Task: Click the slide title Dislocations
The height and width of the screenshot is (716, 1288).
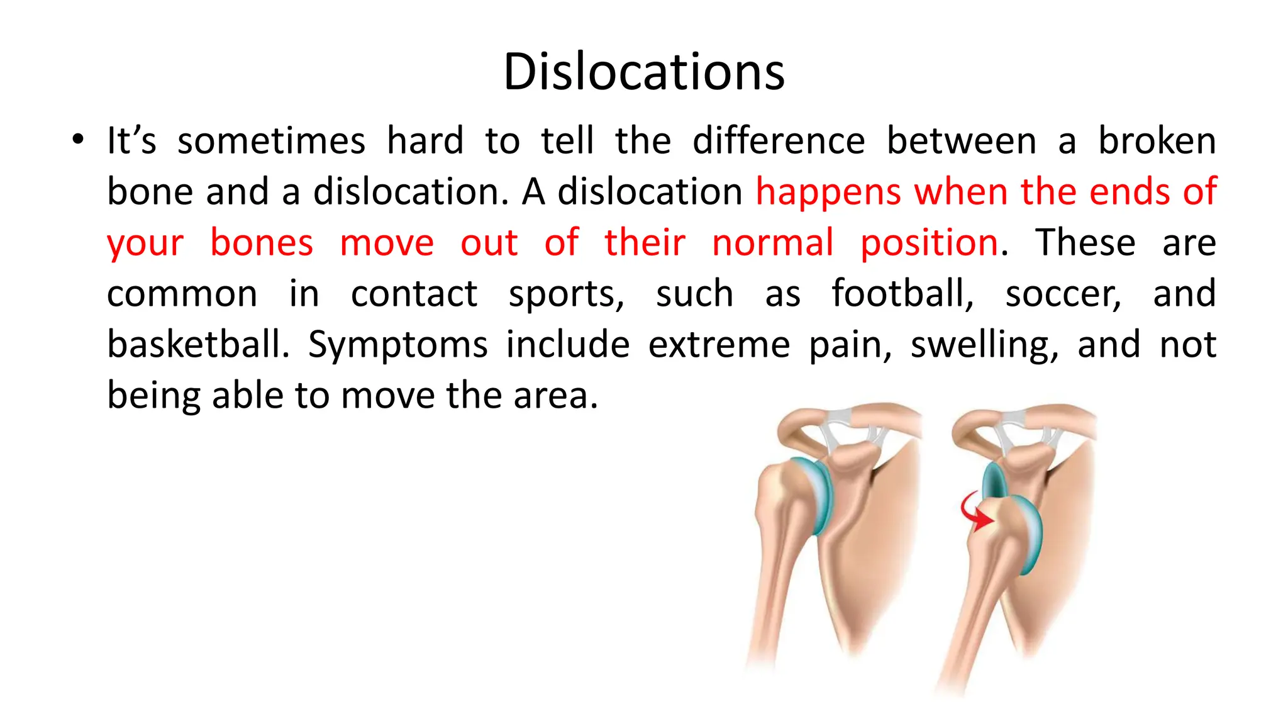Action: [x=644, y=72]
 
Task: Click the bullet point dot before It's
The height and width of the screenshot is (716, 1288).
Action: [x=77, y=140]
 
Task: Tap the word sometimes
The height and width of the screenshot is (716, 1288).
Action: [x=271, y=141]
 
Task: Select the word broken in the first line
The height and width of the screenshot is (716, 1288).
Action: [x=1157, y=141]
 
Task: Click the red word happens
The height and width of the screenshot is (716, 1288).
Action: [x=828, y=193]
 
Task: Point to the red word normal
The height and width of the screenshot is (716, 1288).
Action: [x=773, y=243]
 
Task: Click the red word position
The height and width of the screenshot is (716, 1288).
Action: [x=929, y=243]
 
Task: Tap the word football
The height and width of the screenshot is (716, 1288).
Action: [x=902, y=294]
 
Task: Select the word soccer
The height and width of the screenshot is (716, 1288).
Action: [x=1063, y=294]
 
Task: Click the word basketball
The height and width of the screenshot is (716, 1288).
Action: [x=197, y=345]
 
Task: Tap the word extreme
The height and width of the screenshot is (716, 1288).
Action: [x=719, y=345]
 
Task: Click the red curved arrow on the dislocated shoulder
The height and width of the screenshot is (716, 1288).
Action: [x=974, y=512]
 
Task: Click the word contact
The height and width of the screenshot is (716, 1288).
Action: [x=414, y=294]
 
